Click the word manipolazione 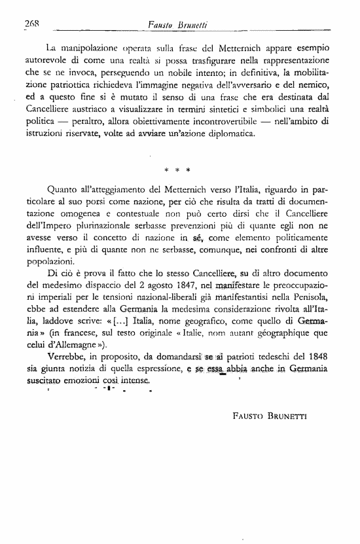88,49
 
